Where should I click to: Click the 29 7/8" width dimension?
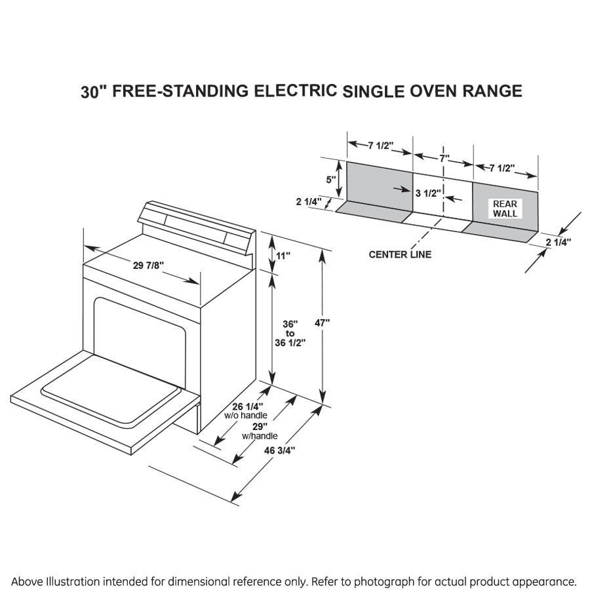(148, 265)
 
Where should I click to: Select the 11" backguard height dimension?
(283, 256)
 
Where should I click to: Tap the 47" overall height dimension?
(322, 323)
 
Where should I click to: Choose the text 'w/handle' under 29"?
(260, 436)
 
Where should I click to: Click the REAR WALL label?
(505, 208)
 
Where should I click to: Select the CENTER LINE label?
(400, 254)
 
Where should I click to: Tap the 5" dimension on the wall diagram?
(332, 179)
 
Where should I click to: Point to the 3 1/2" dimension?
(427, 193)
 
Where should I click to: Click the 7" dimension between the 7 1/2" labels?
(444, 159)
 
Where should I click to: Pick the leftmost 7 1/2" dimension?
(380, 146)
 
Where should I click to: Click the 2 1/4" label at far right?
(558, 242)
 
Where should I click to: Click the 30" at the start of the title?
(93, 92)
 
